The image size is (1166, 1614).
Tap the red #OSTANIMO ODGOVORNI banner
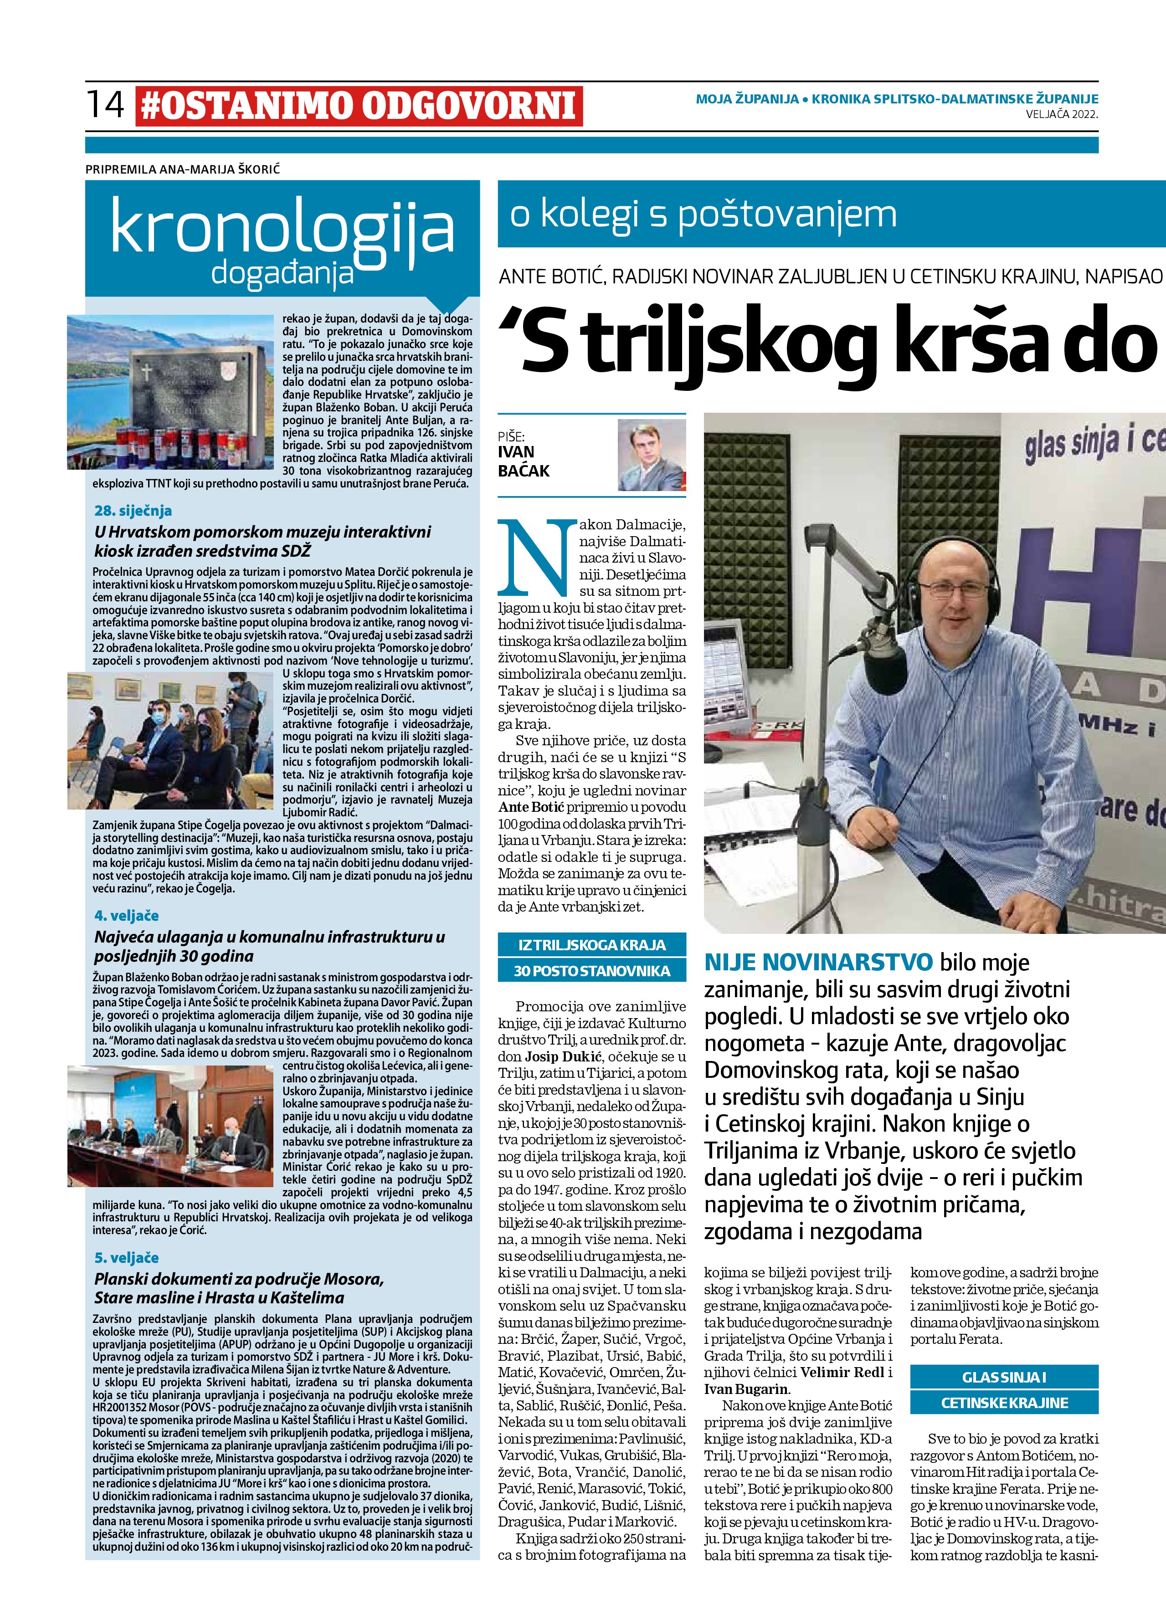point(359,105)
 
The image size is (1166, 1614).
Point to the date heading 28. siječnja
point(133,510)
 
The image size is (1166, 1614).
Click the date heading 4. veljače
point(127,915)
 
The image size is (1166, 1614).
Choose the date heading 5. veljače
point(127,1257)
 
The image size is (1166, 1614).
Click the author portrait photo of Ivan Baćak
point(651,455)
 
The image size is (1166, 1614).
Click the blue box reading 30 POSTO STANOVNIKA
point(592,971)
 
